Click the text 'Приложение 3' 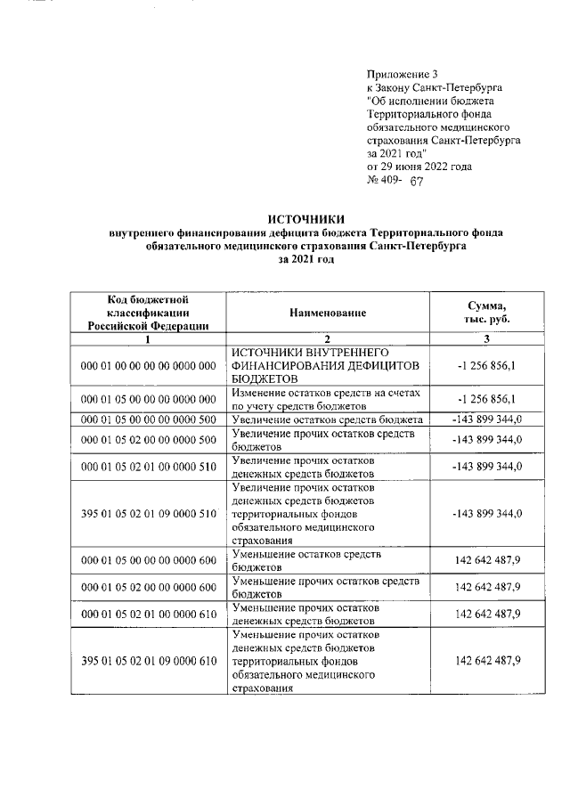403,74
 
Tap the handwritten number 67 417,181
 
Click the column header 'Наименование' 327,313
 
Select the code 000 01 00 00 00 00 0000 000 148,366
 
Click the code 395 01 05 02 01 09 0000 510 148,514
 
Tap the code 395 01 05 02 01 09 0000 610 148,661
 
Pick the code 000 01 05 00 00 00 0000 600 148,560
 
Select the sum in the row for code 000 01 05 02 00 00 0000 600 487,587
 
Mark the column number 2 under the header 327,338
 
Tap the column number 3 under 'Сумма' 486,338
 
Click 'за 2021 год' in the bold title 306,258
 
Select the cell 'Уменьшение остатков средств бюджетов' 326,560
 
